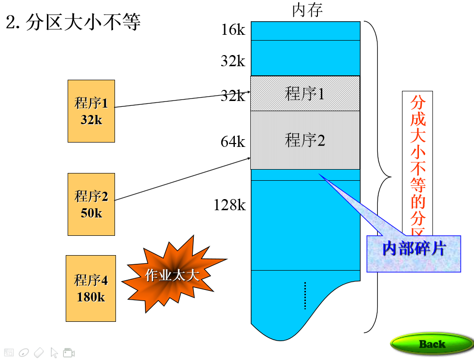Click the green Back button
[x=431, y=344]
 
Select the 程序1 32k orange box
[x=91, y=111]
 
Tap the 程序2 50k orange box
[x=91, y=204]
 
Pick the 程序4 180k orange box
[x=91, y=288]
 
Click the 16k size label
[x=233, y=30]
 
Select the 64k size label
[x=233, y=142]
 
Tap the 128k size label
[x=230, y=205]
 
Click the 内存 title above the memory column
[x=307, y=10]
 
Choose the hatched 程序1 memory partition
[x=305, y=93]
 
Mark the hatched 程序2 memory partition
[x=305, y=140]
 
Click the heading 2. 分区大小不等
[x=73, y=22]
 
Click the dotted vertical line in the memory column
[x=305, y=295]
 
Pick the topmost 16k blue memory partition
[x=305, y=30]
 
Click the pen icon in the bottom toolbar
[x=24, y=353]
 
